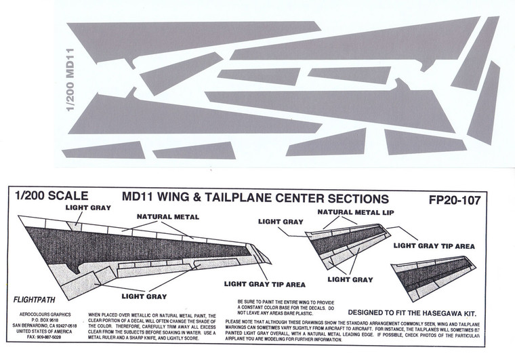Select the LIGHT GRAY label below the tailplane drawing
(x=349, y=279)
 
